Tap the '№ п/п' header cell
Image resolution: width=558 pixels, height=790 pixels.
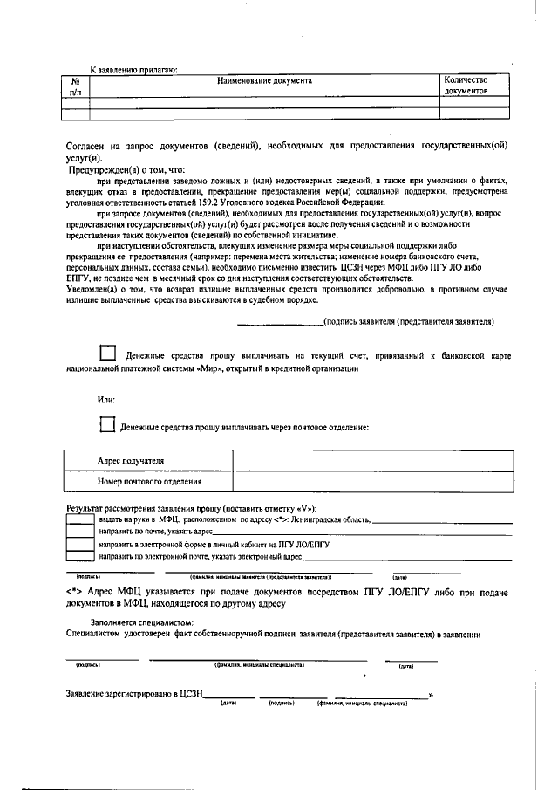click(x=75, y=85)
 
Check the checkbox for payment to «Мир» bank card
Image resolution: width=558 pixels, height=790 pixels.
click(x=107, y=354)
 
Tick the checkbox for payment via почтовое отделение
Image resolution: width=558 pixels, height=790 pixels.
click(x=107, y=426)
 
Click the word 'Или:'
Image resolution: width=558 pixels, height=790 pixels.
click(x=106, y=399)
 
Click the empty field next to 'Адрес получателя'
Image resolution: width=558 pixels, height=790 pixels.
click(x=366, y=460)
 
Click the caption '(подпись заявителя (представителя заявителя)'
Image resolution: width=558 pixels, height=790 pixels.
click(x=409, y=321)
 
